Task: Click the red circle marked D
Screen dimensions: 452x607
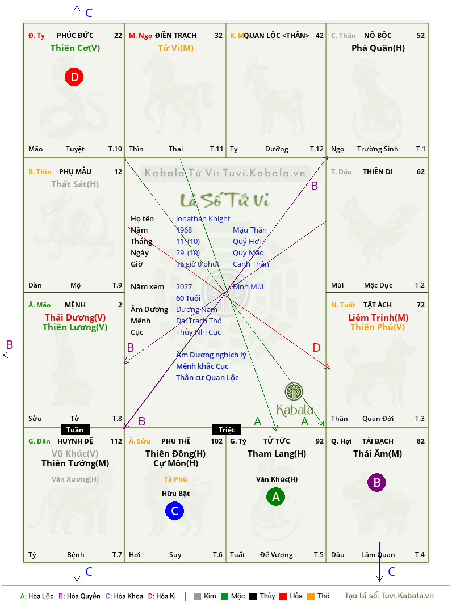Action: point(74,77)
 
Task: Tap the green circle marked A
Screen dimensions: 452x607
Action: point(275,497)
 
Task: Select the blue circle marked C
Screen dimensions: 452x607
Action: point(174,511)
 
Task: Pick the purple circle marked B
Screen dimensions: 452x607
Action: point(376,482)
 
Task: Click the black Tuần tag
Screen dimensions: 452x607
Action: point(75,429)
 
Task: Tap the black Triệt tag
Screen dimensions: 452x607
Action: point(227,429)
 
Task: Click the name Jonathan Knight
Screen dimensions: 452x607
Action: point(203,218)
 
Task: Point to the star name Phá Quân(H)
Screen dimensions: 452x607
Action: point(378,48)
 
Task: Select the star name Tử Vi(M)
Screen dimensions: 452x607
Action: point(175,48)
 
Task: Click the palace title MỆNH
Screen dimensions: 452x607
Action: point(75,305)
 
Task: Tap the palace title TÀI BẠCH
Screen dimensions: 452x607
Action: point(378,441)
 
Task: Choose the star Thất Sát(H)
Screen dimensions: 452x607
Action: point(75,184)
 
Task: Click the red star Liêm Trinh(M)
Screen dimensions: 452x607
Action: point(378,318)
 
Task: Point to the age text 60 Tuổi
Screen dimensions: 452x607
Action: point(189,298)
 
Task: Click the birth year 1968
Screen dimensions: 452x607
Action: point(184,230)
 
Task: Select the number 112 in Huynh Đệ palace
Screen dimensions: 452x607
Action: point(116,441)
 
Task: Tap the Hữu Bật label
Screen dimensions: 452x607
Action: point(175,493)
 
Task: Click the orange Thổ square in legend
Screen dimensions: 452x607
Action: point(311,596)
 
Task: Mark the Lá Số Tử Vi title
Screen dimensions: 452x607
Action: point(225,200)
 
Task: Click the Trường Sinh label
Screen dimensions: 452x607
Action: point(378,149)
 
